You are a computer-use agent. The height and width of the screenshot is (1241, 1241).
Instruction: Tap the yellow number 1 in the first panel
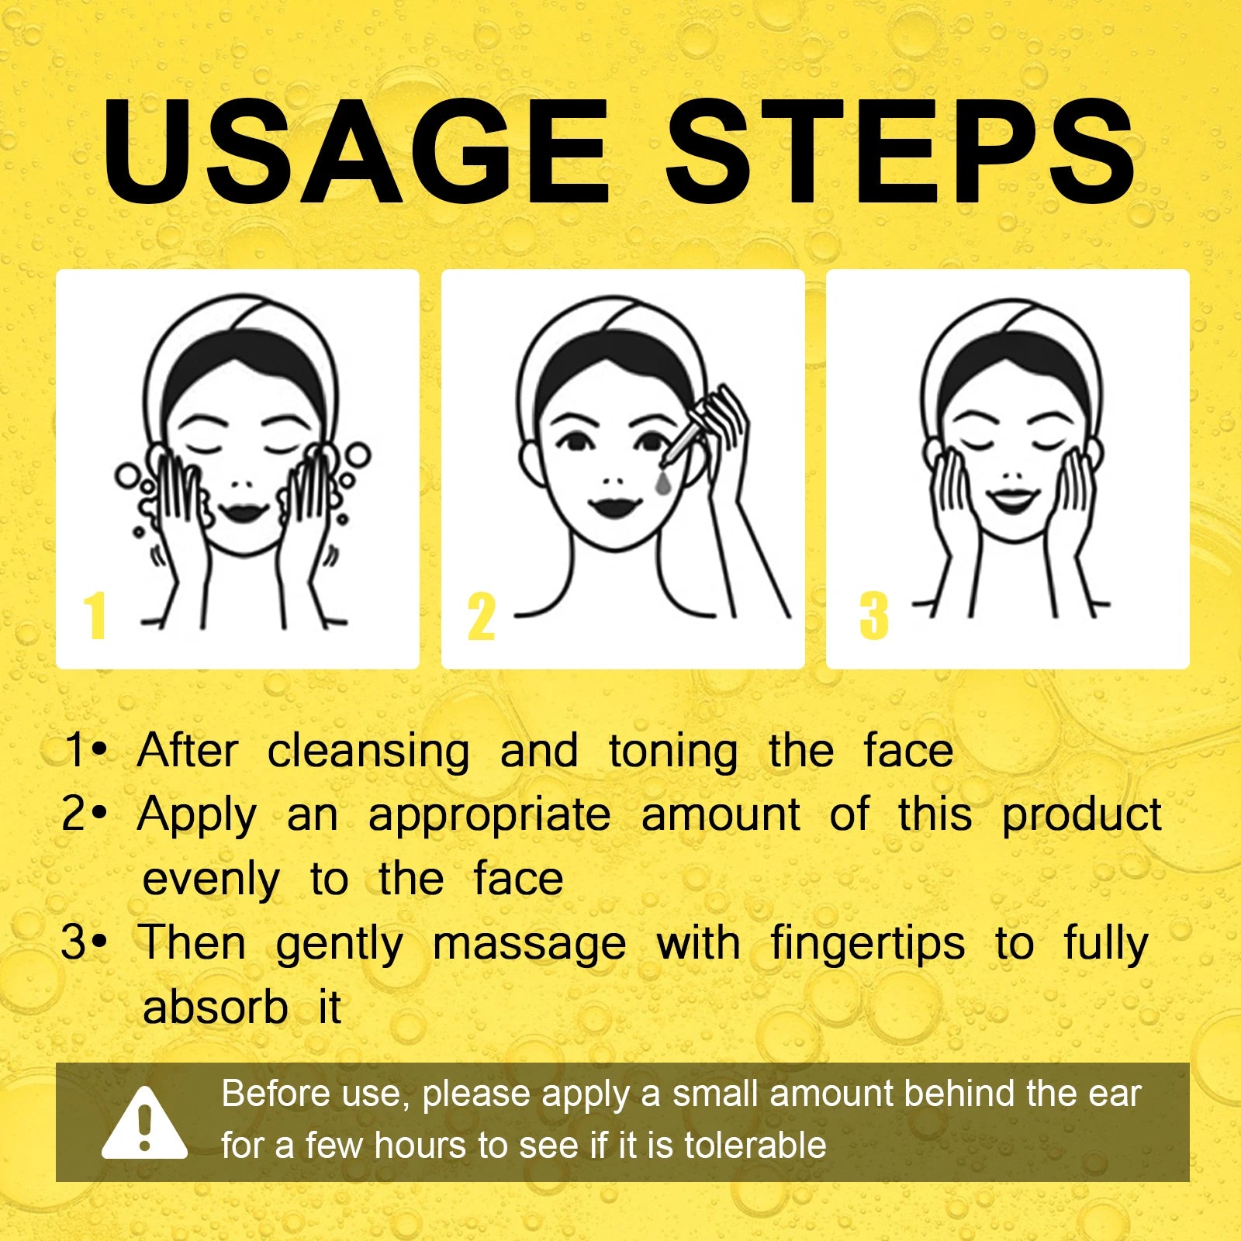point(95,615)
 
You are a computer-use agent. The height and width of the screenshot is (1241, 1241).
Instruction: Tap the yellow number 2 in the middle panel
point(481,617)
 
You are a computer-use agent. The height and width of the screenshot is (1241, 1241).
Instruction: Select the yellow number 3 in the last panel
point(874,616)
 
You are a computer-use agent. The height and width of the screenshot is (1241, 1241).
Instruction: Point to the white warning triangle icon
point(144,1123)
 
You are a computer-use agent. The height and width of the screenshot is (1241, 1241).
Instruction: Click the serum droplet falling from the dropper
point(664,482)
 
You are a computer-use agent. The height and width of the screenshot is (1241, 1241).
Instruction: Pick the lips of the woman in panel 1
point(243,512)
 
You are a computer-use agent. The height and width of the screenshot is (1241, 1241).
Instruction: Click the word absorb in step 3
point(215,1007)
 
